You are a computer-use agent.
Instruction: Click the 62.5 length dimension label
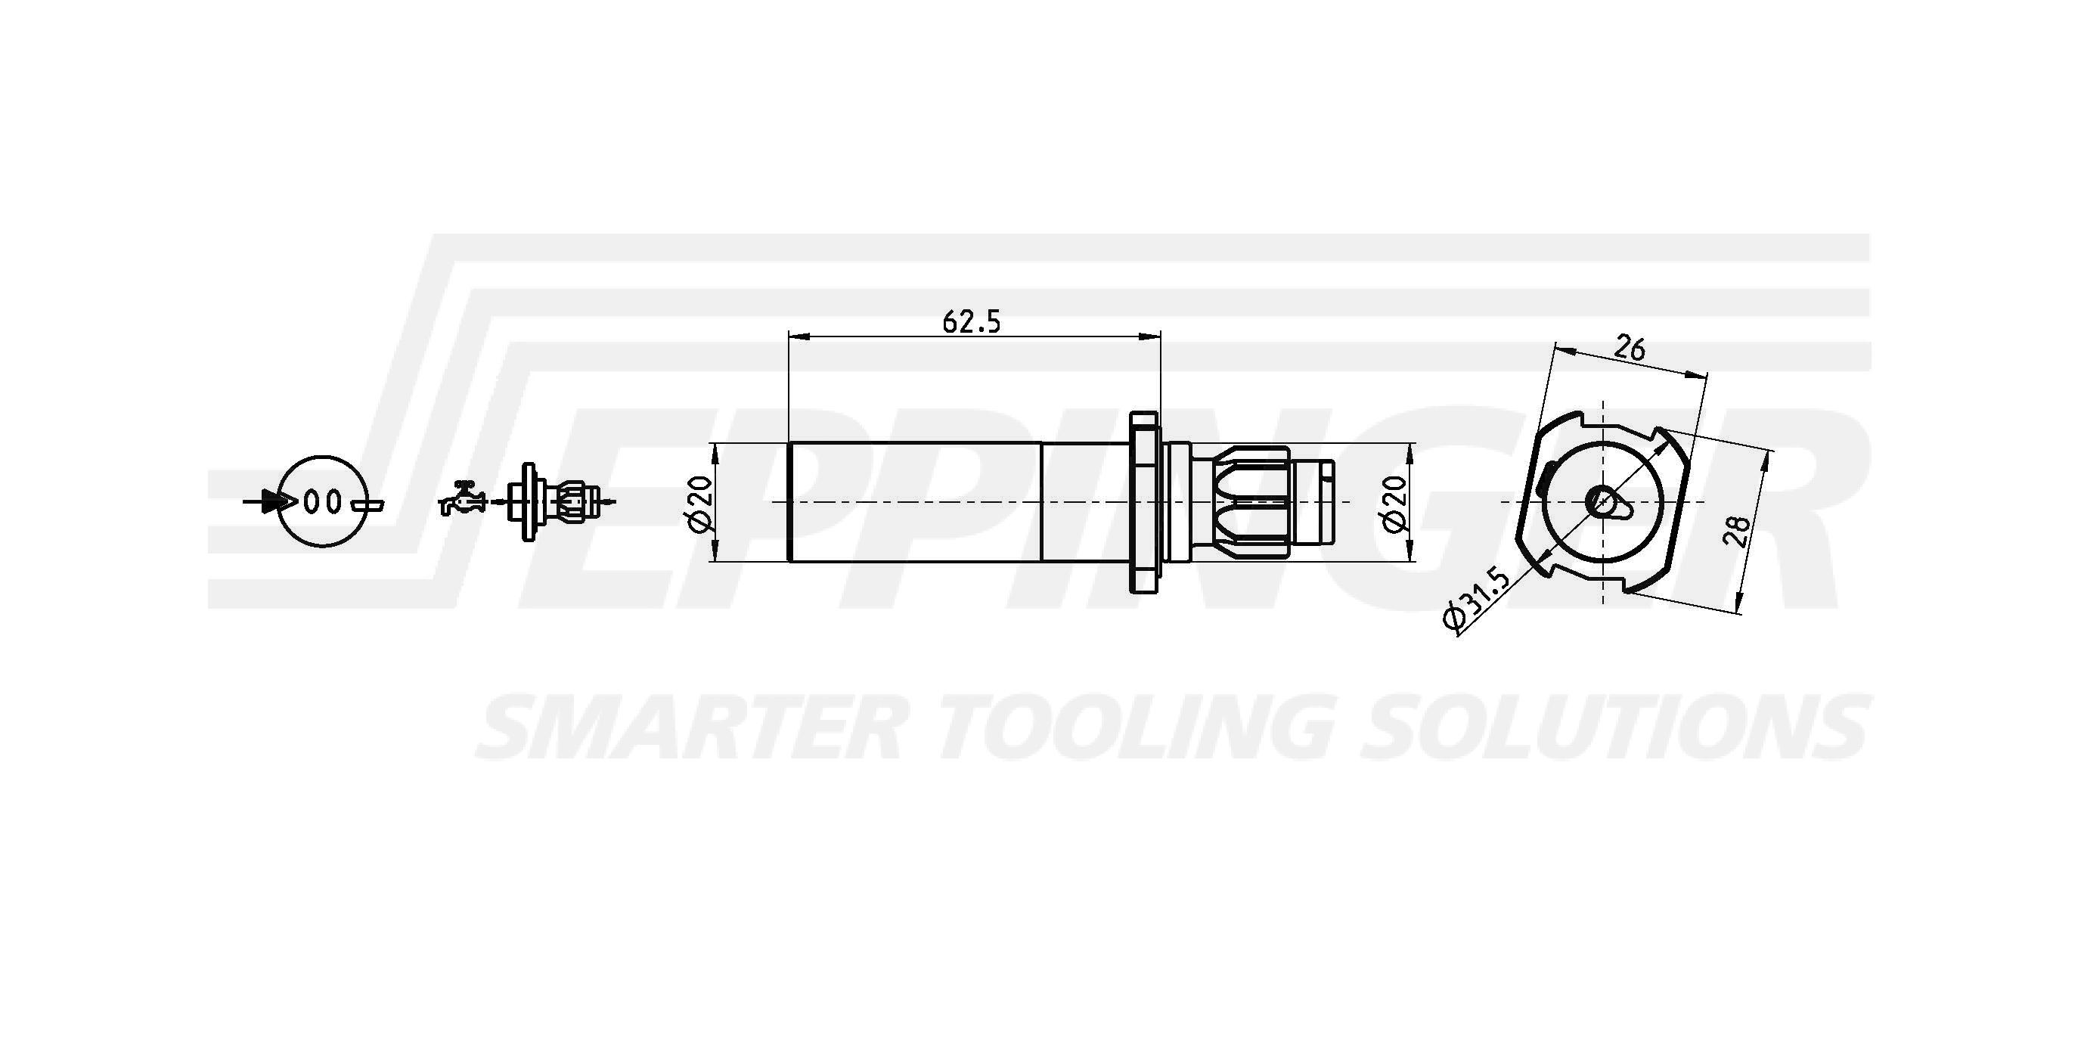(x=972, y=322)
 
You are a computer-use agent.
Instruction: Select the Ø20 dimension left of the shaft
(x=701, y=503)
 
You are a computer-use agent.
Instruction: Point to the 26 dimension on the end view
(x=1630, y=348)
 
